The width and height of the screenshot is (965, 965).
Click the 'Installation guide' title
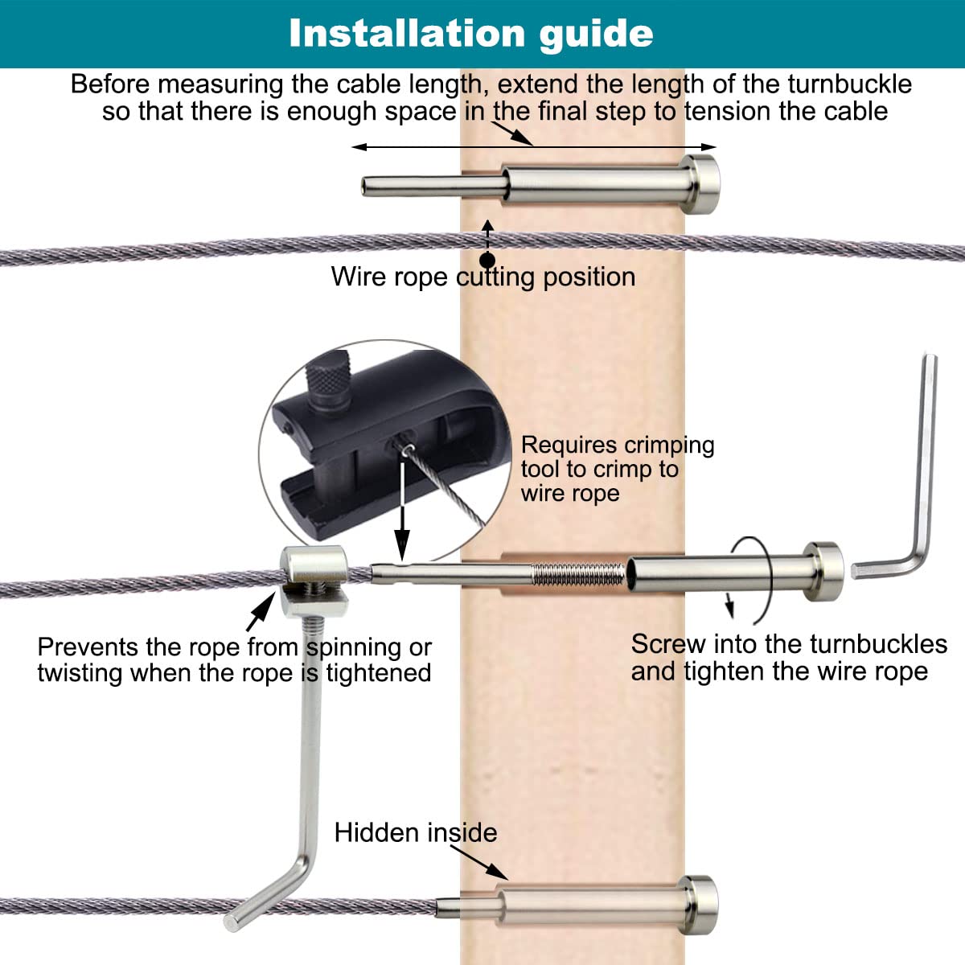tap(470, 33)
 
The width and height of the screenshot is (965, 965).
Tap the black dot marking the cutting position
tap(487, 260)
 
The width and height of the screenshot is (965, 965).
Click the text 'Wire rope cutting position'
tap(482, 277)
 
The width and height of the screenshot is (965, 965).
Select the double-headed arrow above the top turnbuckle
tap(533, 146)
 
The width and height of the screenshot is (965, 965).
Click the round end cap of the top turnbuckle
tap(700, 184)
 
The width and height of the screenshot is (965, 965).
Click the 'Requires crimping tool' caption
tap(617, 469)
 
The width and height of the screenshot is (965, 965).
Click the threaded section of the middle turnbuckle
tap(577, 574)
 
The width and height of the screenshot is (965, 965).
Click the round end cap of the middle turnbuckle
tap(824, 571)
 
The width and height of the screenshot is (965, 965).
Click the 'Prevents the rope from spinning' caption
tap(234, 659)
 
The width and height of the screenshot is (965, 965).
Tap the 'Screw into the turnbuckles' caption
tap(788, 657)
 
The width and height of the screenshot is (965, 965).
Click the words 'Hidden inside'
tap(415, 832)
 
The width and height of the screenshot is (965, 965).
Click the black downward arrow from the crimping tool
tap(402, 531)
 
